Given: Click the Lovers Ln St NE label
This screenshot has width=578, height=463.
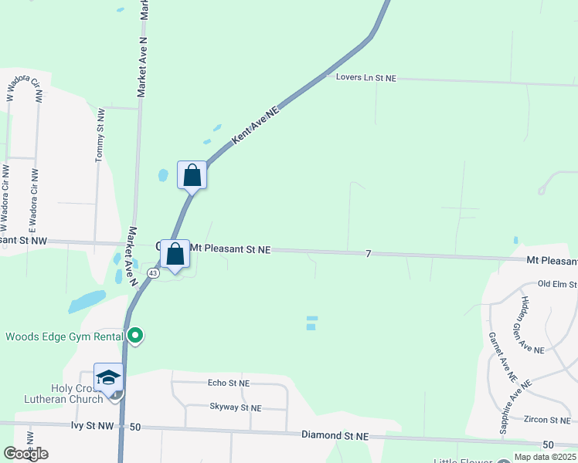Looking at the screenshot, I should point(366,78).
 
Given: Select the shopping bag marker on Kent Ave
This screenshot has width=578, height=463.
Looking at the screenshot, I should point(192,175).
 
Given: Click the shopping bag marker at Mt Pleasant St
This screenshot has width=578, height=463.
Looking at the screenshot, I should point(175,254).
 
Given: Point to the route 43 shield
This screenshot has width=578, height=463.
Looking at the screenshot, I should point(154,273).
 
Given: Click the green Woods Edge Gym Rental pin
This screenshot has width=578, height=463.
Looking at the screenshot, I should point(135,335).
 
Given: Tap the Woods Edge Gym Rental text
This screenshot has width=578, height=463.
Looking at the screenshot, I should point(64,336).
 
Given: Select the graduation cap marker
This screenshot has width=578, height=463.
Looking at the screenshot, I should point(109,377).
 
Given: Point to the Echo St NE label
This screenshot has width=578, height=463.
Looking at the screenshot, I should point(229,383).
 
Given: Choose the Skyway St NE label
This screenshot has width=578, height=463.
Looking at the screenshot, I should point(235,407).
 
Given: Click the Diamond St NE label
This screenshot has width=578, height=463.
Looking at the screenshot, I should point(335,436).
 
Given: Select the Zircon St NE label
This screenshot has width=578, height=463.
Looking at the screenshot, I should point(546,420).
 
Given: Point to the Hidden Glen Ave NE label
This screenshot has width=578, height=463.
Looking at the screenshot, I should point(533,324).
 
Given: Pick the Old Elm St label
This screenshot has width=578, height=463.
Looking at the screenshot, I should point(557,285).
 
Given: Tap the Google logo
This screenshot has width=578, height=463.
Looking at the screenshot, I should point(26,454).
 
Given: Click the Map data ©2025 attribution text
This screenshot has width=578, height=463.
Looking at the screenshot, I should point(544,457).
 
